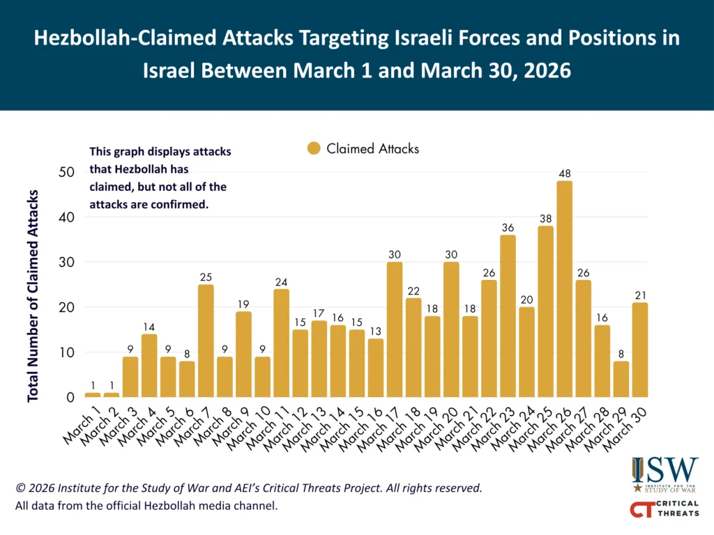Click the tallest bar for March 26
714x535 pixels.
[565, 288]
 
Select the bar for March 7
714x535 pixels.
[206, 341]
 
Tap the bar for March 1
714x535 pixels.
[93, 395]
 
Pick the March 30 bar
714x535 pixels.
[639, 350]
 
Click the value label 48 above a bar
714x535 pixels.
[565, 172]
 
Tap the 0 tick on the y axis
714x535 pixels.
[70, 398]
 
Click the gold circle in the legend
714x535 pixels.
[314, 148]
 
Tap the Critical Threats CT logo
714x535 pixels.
[664, 510]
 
